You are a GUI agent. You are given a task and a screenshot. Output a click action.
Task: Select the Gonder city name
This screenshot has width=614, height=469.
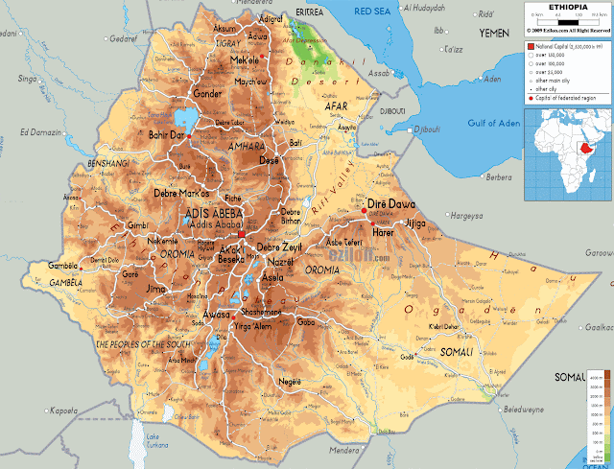[x=207, y=95]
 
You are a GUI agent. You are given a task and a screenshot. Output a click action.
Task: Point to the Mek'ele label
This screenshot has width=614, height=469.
[x=246, y=60]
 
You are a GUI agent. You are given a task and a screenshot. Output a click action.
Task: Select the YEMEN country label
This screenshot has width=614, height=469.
[x=494, y=33]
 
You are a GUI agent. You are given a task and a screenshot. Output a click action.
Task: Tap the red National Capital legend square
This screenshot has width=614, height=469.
[x=531, y=45]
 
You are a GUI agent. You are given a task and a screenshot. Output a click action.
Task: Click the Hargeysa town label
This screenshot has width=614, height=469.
[x=467, y=215]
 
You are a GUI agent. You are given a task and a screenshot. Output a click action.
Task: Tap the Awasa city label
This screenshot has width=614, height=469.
[x=216, y=315]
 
